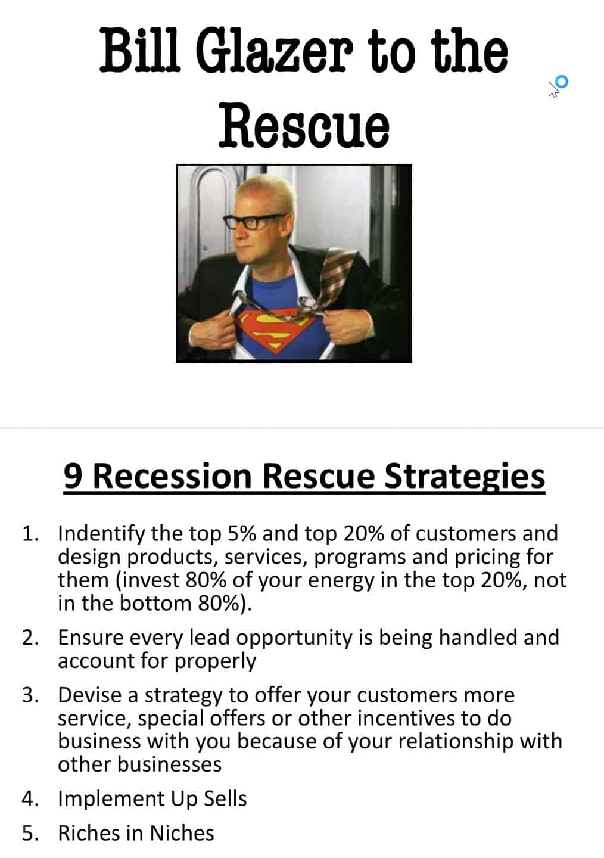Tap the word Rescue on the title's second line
(304, 125)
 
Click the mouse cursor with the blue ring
(558, 86)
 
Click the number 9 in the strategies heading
(73, 476)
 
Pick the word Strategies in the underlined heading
(464, 477)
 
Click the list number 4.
(30, 799)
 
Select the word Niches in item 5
(182, 833)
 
